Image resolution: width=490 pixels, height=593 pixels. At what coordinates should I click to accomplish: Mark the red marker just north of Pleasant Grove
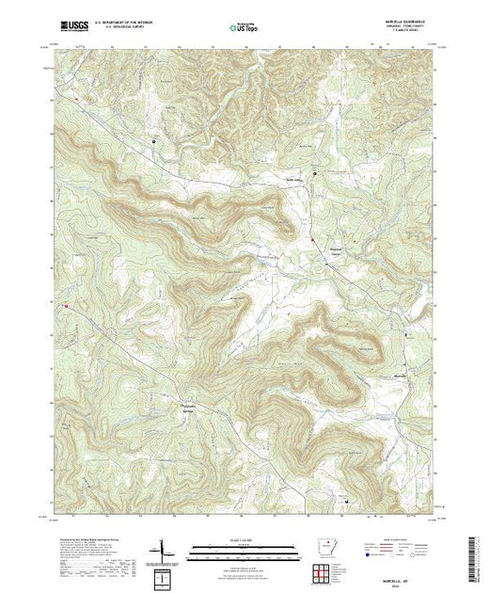[311, 240]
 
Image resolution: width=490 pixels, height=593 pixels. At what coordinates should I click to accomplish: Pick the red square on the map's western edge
[67, 305]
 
